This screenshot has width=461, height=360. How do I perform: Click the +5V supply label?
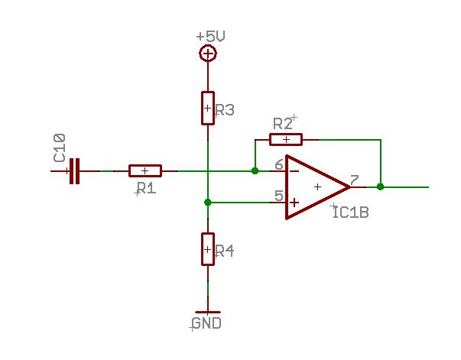point(210,37)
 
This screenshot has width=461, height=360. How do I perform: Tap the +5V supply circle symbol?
point(208,54)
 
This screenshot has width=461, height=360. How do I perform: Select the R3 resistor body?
point(208,108)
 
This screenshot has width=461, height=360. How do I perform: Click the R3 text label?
point(225,110)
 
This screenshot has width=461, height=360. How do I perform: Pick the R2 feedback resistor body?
point(286,140)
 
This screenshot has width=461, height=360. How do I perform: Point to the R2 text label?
point(283,124)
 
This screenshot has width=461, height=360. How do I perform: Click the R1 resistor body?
point(145,170)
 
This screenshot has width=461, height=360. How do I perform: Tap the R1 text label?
point(147,188)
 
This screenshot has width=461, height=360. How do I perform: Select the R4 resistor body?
point(208,249)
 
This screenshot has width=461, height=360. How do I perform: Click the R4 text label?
point(225,251)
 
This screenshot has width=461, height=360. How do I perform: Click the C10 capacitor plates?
point(74,171)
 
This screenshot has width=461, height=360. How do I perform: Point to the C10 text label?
point(60,148)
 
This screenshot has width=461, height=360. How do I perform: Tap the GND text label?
point(207,323)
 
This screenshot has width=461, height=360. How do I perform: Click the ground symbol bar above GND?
point(208,312)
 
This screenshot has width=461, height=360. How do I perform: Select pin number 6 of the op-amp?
point(279,165)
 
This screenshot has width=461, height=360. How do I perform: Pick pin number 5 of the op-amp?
point(279,196)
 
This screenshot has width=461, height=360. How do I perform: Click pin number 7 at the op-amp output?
point(355,180)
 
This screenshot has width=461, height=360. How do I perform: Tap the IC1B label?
point(351,212)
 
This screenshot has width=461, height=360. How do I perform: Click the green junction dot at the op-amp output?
point(381,186)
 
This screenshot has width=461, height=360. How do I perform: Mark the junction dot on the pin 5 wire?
point(208,203)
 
